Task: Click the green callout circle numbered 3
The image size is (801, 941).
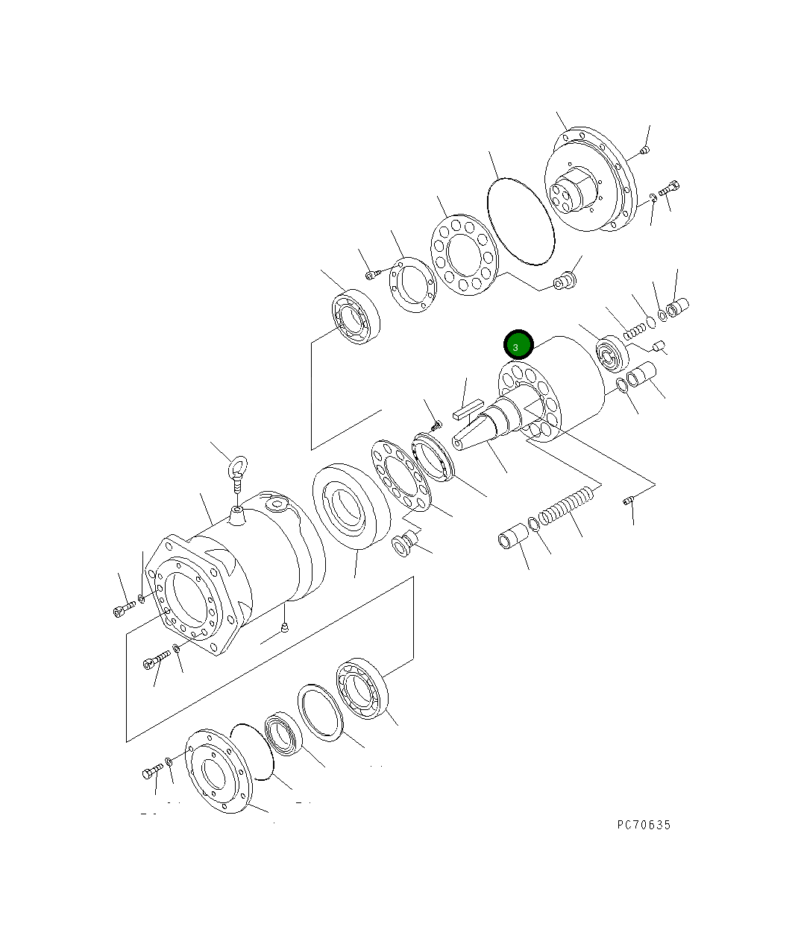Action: pyautogui.click(x=518, y=346)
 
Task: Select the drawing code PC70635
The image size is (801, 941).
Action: pyautogui.click(x=644, y=825)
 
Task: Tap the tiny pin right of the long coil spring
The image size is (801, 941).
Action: pyautogui.click(x=628, y=502)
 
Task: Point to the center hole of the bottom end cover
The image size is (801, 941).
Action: pyautogui.click(x=214, y=774)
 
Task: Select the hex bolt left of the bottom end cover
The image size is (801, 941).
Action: pyautogui.click(x=151, y=771)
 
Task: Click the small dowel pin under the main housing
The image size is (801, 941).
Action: pyautogui.click(x=284, y=630)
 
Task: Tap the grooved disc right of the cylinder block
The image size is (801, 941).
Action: pyautogui.click(x=612, y=354)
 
